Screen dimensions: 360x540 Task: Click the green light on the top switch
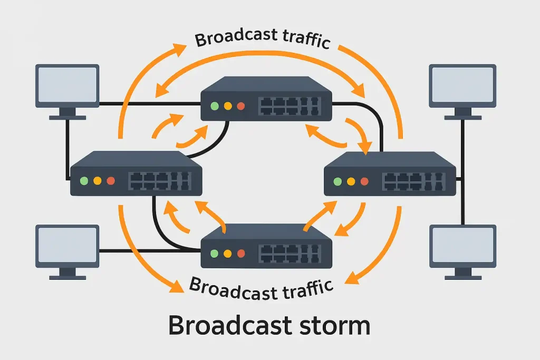click(215, 106)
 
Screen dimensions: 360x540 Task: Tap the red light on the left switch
click(111, 181)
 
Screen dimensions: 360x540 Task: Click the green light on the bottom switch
click(215, 254)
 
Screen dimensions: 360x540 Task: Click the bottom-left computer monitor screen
click(67, 246)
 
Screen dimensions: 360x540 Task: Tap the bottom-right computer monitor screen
click(462, 246)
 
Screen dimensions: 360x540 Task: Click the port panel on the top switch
click(290, 106)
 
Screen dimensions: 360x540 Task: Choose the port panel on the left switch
click(160, 181)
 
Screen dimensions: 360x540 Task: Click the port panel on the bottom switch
click(290, 254)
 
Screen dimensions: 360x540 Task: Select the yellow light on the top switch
click(228, 106)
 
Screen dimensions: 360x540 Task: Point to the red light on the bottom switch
click(241, 254)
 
